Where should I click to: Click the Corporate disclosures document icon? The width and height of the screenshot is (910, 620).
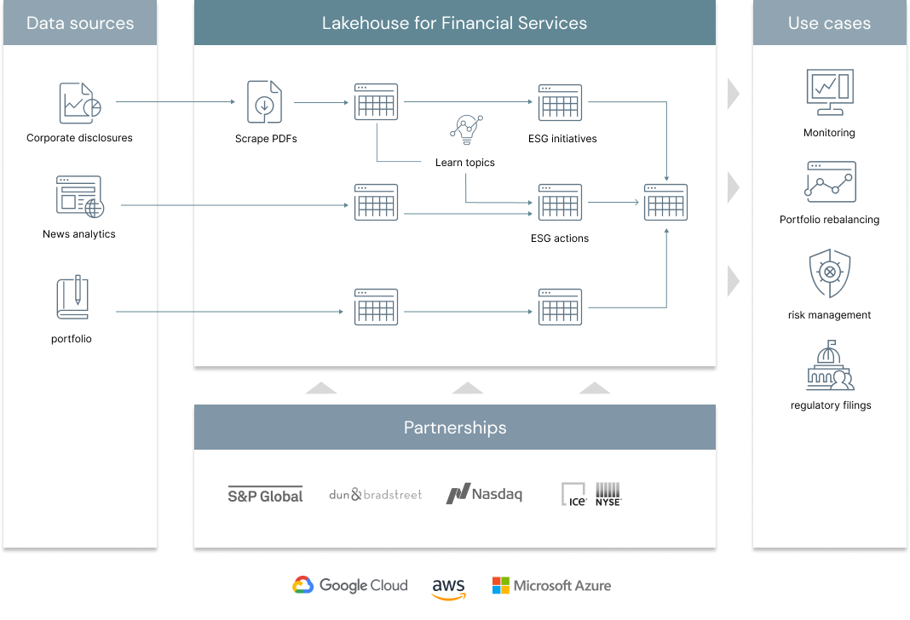coord(80,102)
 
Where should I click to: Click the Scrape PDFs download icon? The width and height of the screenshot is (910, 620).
coord(264,102)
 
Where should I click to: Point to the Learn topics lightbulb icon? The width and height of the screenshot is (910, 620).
coord(465,129)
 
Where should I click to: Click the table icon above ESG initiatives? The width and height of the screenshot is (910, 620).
coord(560,102)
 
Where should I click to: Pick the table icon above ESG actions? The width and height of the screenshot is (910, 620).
coord(560,202)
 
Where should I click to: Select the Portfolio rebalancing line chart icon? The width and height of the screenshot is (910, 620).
coord(829,181)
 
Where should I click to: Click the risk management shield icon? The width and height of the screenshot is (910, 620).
coord(829,273)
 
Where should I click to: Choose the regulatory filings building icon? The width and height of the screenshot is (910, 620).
coord(829,365)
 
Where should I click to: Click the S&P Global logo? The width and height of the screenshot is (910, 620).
coord(265,495)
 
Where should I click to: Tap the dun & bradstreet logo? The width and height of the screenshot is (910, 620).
coord(375,494)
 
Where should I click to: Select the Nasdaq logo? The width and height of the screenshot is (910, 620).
coord(484,494)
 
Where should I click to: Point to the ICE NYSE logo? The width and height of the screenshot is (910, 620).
coord(591,494)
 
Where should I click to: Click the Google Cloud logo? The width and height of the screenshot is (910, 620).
coord(349,585)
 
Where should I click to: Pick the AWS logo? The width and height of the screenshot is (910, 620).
coord(448,588)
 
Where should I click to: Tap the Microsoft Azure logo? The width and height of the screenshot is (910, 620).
coord(551,585)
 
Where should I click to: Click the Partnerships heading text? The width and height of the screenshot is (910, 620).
coord(455,428)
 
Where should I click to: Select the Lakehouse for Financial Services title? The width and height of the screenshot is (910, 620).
coord(454,23)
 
